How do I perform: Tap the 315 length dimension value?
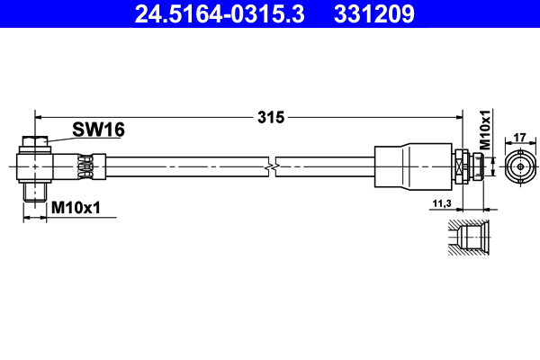pos(270,116)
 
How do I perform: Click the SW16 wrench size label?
pos(98,130)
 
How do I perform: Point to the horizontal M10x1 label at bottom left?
pos(76,208)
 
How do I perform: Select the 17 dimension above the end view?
pos(518,138)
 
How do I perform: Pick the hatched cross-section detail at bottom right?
pos(469,238)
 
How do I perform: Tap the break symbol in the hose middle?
pos(271,166)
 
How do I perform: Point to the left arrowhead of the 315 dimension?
pos(39,116)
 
